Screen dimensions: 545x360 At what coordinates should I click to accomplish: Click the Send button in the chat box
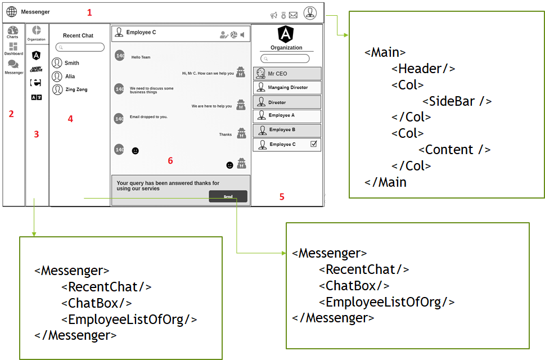[228, 196]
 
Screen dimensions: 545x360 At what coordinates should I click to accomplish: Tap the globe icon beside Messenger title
[12, 11]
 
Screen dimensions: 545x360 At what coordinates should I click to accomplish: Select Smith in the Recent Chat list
[71, 63]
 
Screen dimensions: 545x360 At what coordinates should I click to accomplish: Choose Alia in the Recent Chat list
[70, 76]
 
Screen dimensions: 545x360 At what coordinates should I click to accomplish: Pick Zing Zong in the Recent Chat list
[76, 89]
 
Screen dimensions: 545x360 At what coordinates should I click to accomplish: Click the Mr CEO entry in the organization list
[287, 74]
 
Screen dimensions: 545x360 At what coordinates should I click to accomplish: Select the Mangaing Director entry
[287, 87]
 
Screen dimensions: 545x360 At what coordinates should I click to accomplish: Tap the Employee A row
[287, 115]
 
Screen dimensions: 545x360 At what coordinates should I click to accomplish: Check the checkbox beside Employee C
[314, 144]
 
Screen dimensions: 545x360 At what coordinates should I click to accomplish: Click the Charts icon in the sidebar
[13, 31]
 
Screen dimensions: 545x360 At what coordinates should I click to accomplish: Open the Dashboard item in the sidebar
[13, 48]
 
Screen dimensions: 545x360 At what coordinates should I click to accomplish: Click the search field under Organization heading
[285, 58]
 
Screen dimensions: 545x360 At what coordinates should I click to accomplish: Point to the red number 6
[170, 161]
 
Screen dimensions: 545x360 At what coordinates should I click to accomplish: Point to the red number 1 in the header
[88, 12]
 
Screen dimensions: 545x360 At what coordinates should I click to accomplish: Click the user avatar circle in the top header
[310, 12]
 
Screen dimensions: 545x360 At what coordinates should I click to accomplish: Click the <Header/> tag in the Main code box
[424, 69]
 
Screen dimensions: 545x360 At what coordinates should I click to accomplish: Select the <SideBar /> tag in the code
[457, 101]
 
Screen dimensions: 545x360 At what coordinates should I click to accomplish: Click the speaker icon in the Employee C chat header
[242, 35]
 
